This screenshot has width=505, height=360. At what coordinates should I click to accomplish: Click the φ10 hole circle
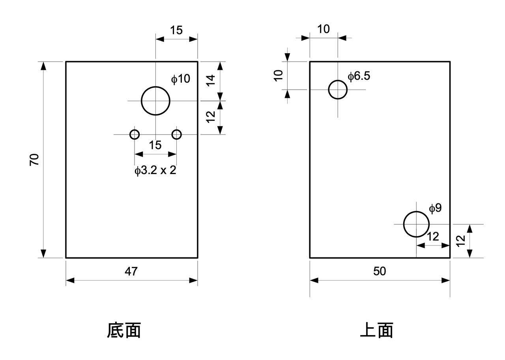pos(155,101)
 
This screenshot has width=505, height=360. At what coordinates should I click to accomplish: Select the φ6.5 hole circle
pos(338,90)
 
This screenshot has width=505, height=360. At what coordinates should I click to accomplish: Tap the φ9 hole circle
pos(416,224)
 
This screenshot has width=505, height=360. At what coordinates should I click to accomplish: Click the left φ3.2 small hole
pos(135,134)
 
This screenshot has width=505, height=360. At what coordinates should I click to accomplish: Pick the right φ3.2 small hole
pos(176,134)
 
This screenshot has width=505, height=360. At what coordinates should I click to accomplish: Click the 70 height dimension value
pos(35,159)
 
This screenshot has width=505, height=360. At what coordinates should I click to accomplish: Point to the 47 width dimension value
pos(131,271)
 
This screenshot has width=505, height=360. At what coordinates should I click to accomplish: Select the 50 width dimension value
pos(380,271)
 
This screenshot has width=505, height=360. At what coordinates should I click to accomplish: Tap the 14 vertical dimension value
pos(211,81)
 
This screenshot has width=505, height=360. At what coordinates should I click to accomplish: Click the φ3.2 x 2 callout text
pos(155,171)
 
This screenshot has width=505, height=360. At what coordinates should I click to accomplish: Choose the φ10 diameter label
pos(180,79)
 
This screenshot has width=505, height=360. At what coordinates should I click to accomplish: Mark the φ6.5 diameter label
pos(359,76)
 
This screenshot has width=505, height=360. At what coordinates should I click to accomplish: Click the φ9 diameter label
pos(435,208)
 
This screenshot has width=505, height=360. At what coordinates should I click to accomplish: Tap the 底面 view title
pos(124,330)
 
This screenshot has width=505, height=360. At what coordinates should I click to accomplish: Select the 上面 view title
pos(377,330)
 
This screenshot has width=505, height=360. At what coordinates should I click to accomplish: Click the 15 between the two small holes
pos(155,145)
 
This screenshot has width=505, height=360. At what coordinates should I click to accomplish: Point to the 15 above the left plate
pos(176,30)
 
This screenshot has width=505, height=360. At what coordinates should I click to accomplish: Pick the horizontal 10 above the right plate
pos(324,29)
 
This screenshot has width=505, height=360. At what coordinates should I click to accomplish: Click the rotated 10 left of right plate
pos(279,75)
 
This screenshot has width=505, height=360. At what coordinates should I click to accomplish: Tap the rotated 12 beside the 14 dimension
pos(211,117)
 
